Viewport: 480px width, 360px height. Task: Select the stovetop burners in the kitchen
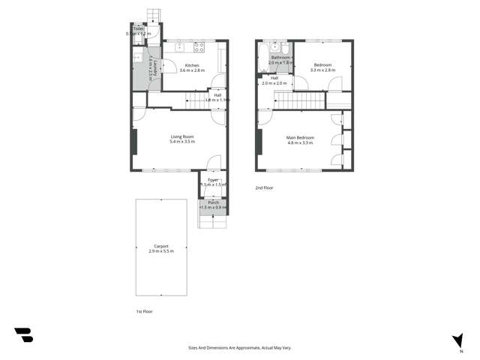pos(199,47)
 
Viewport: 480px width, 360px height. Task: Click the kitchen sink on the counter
pos(180,47)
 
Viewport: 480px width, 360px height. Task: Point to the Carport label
pos(161,246)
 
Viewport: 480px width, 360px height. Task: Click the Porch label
pos(213,202)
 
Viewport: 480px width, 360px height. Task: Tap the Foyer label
pos(213,181)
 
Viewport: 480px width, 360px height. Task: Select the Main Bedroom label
pos(300,137)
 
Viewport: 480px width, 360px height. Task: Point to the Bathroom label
pos(281,58)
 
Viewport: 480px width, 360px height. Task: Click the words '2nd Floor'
pos(265,188)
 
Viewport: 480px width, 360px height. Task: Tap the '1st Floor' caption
pos(134,310)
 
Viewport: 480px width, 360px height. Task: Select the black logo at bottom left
pos(23,335)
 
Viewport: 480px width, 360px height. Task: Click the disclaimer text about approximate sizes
pos(240,347)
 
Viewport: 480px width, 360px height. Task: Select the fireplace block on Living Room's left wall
pos(134,142)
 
